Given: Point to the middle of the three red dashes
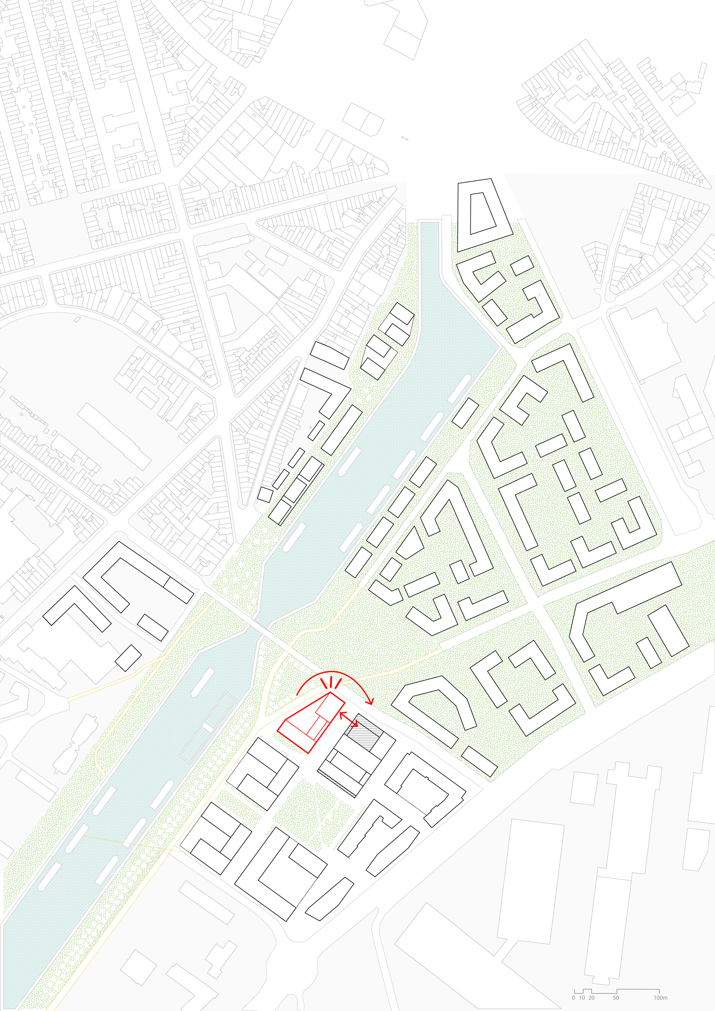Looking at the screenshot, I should [331, 682].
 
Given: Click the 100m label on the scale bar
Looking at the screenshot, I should [660, 998].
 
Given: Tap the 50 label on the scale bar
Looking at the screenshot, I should [616, 998].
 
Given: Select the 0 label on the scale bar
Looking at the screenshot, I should [573, 998].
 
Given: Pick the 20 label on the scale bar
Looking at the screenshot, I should [591, 998].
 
